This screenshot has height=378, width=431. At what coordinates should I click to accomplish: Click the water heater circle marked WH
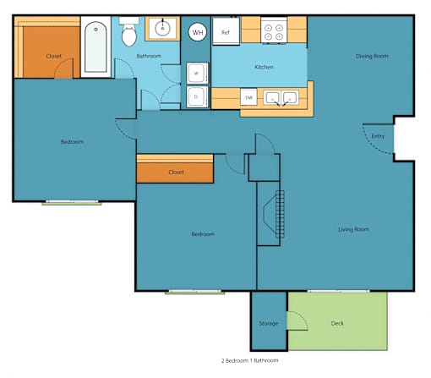198,32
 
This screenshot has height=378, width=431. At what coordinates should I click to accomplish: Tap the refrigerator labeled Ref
226,31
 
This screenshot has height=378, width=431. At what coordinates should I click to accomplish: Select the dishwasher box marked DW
248,97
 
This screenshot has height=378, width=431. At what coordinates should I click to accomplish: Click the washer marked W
197,74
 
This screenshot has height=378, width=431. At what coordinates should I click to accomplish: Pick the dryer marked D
197,96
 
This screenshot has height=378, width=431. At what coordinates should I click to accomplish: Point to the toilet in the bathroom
129,31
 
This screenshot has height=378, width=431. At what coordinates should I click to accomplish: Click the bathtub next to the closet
95,47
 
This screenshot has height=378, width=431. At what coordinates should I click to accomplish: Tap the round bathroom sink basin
162,29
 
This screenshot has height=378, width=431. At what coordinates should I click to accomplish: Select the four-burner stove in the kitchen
274,30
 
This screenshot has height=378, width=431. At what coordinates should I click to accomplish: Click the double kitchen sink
281,98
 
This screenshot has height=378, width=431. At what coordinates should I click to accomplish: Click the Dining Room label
372,56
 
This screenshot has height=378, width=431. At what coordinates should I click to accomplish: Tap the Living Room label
353,229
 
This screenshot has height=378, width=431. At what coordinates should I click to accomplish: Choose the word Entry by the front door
378,136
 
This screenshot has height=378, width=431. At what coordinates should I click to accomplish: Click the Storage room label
269,323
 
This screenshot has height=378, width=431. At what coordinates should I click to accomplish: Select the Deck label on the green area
337,323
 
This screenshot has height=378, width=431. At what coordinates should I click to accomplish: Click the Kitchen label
264,67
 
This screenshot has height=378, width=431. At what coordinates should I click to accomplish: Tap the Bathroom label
149,56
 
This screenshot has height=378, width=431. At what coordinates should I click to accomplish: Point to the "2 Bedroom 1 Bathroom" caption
250,360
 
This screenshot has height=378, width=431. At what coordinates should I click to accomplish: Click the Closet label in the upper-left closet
53,56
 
